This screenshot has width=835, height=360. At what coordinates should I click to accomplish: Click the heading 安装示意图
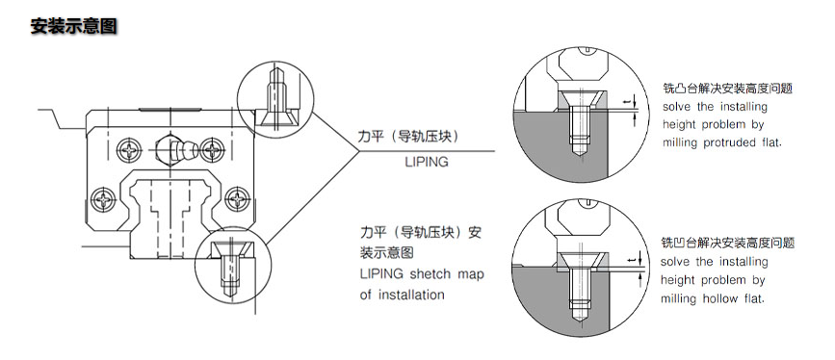click(73, 26)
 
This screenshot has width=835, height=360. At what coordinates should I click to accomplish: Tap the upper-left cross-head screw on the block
click(129, 149)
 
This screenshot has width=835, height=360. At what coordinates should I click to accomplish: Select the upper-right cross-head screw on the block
click(213, 149)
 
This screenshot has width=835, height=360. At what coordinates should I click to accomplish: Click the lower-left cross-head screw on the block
click(102, 199)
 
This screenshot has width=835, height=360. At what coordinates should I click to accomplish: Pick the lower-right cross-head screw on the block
click(237, 199)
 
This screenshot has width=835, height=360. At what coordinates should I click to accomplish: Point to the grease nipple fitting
click(175, 151)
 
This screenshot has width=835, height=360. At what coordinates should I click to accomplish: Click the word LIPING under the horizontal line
click(427, 162)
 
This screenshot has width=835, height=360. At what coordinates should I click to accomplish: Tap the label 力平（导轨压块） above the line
click(408, 137)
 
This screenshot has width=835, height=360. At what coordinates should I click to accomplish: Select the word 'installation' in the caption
click(411, 294)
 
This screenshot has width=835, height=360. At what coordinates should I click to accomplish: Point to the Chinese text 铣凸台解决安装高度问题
click(727, 88)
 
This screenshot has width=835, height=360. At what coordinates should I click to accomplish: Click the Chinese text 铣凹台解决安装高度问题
click(727, 243)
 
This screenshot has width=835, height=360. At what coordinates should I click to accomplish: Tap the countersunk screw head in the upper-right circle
click(580, 99)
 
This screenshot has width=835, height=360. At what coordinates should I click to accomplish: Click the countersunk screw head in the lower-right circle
click(580, 261)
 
